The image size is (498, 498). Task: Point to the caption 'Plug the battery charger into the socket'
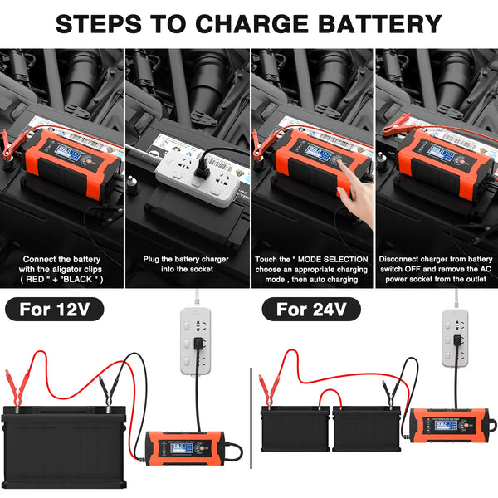coord(187,264)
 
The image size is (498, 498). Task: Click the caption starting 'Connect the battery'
coord(62,269)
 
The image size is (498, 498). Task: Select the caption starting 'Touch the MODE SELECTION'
coord(311,269)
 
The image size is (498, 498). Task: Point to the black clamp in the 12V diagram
coord(106,390)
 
